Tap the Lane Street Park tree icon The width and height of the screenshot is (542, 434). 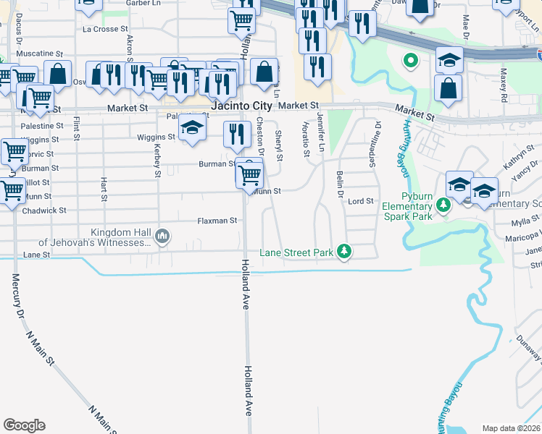point(346,252)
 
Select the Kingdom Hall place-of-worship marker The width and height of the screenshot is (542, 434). point(162,236)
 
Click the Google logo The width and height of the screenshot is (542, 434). point(25,425)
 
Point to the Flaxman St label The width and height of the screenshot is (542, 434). point(217,221)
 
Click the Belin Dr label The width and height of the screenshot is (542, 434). point(339,184)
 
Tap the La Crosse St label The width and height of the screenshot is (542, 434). point(105,30)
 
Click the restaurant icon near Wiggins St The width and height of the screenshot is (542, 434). point(236,133)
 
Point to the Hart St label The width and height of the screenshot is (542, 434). point(104,188)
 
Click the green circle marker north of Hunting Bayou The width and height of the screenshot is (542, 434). point(410,61)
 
